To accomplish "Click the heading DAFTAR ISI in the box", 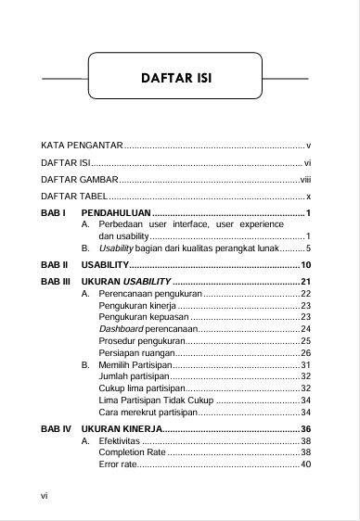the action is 181,77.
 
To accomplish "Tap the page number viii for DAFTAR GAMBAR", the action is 304,180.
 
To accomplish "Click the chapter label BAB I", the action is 53,215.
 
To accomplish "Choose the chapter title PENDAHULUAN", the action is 118,215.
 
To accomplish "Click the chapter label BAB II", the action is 54,266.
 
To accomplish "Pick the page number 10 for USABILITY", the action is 304,266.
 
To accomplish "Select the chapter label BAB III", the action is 55,281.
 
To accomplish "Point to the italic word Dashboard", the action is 120,329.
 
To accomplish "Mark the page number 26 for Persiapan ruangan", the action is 305,353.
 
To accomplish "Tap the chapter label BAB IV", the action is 55,429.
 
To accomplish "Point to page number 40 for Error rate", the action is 305,464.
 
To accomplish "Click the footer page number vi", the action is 45,496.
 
